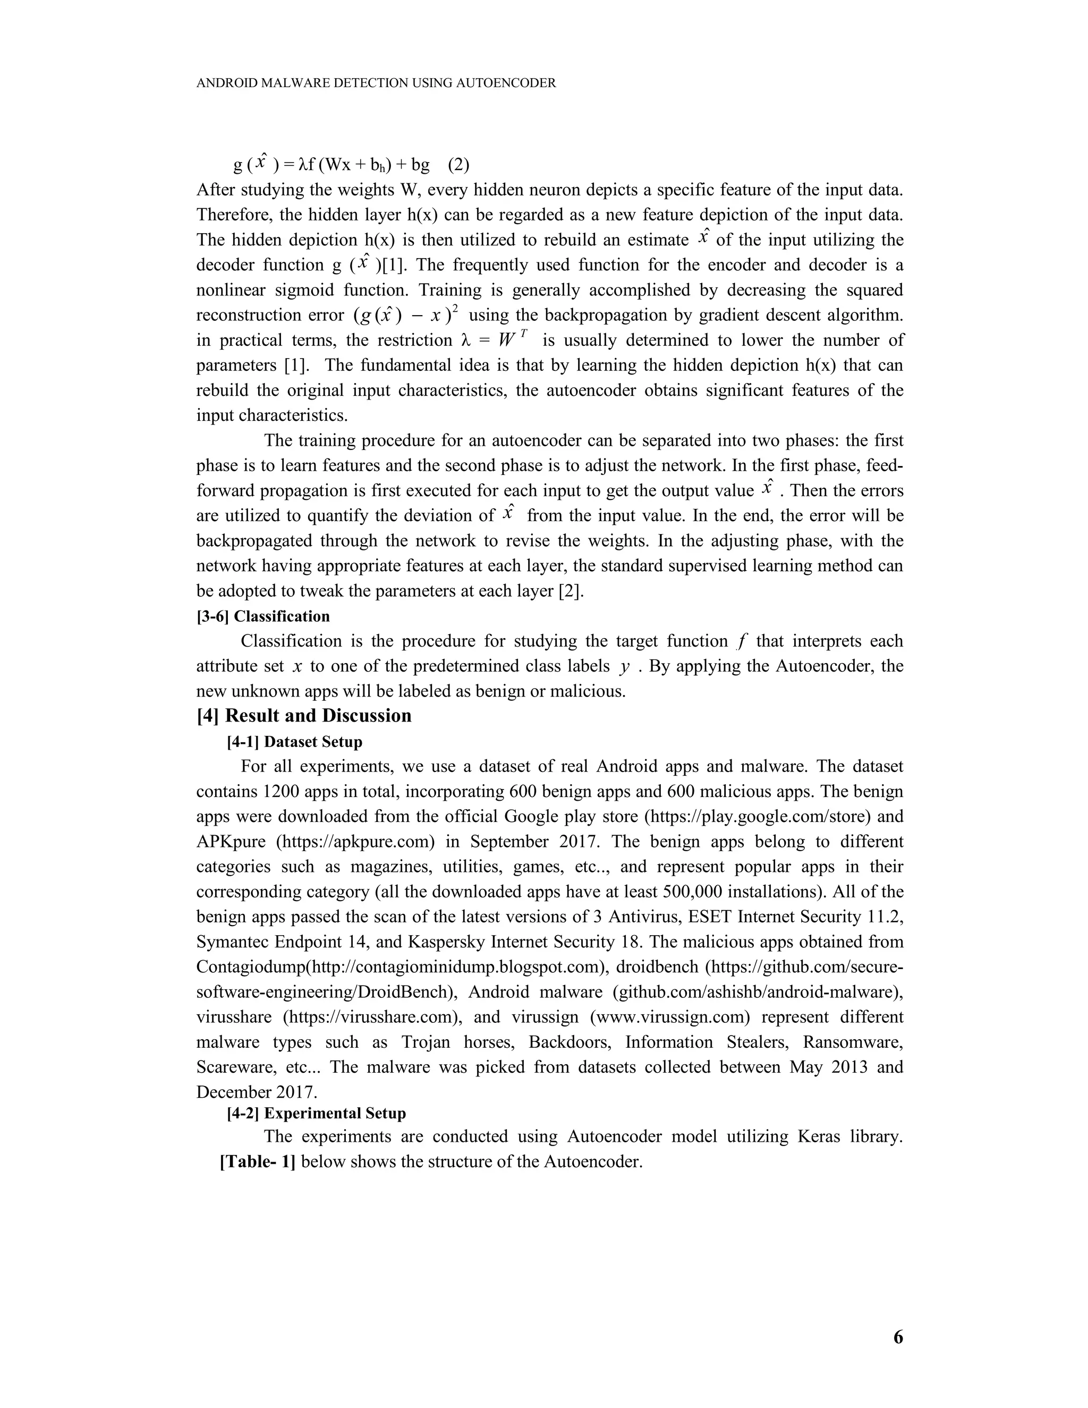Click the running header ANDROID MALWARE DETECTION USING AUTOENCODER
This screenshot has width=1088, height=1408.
[376, 83]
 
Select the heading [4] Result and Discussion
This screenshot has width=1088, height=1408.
[303, 716]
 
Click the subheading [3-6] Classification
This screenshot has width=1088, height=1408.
[263, 616]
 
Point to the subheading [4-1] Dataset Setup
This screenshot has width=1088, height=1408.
[294, 742]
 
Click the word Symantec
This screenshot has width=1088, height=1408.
[233, 943]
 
